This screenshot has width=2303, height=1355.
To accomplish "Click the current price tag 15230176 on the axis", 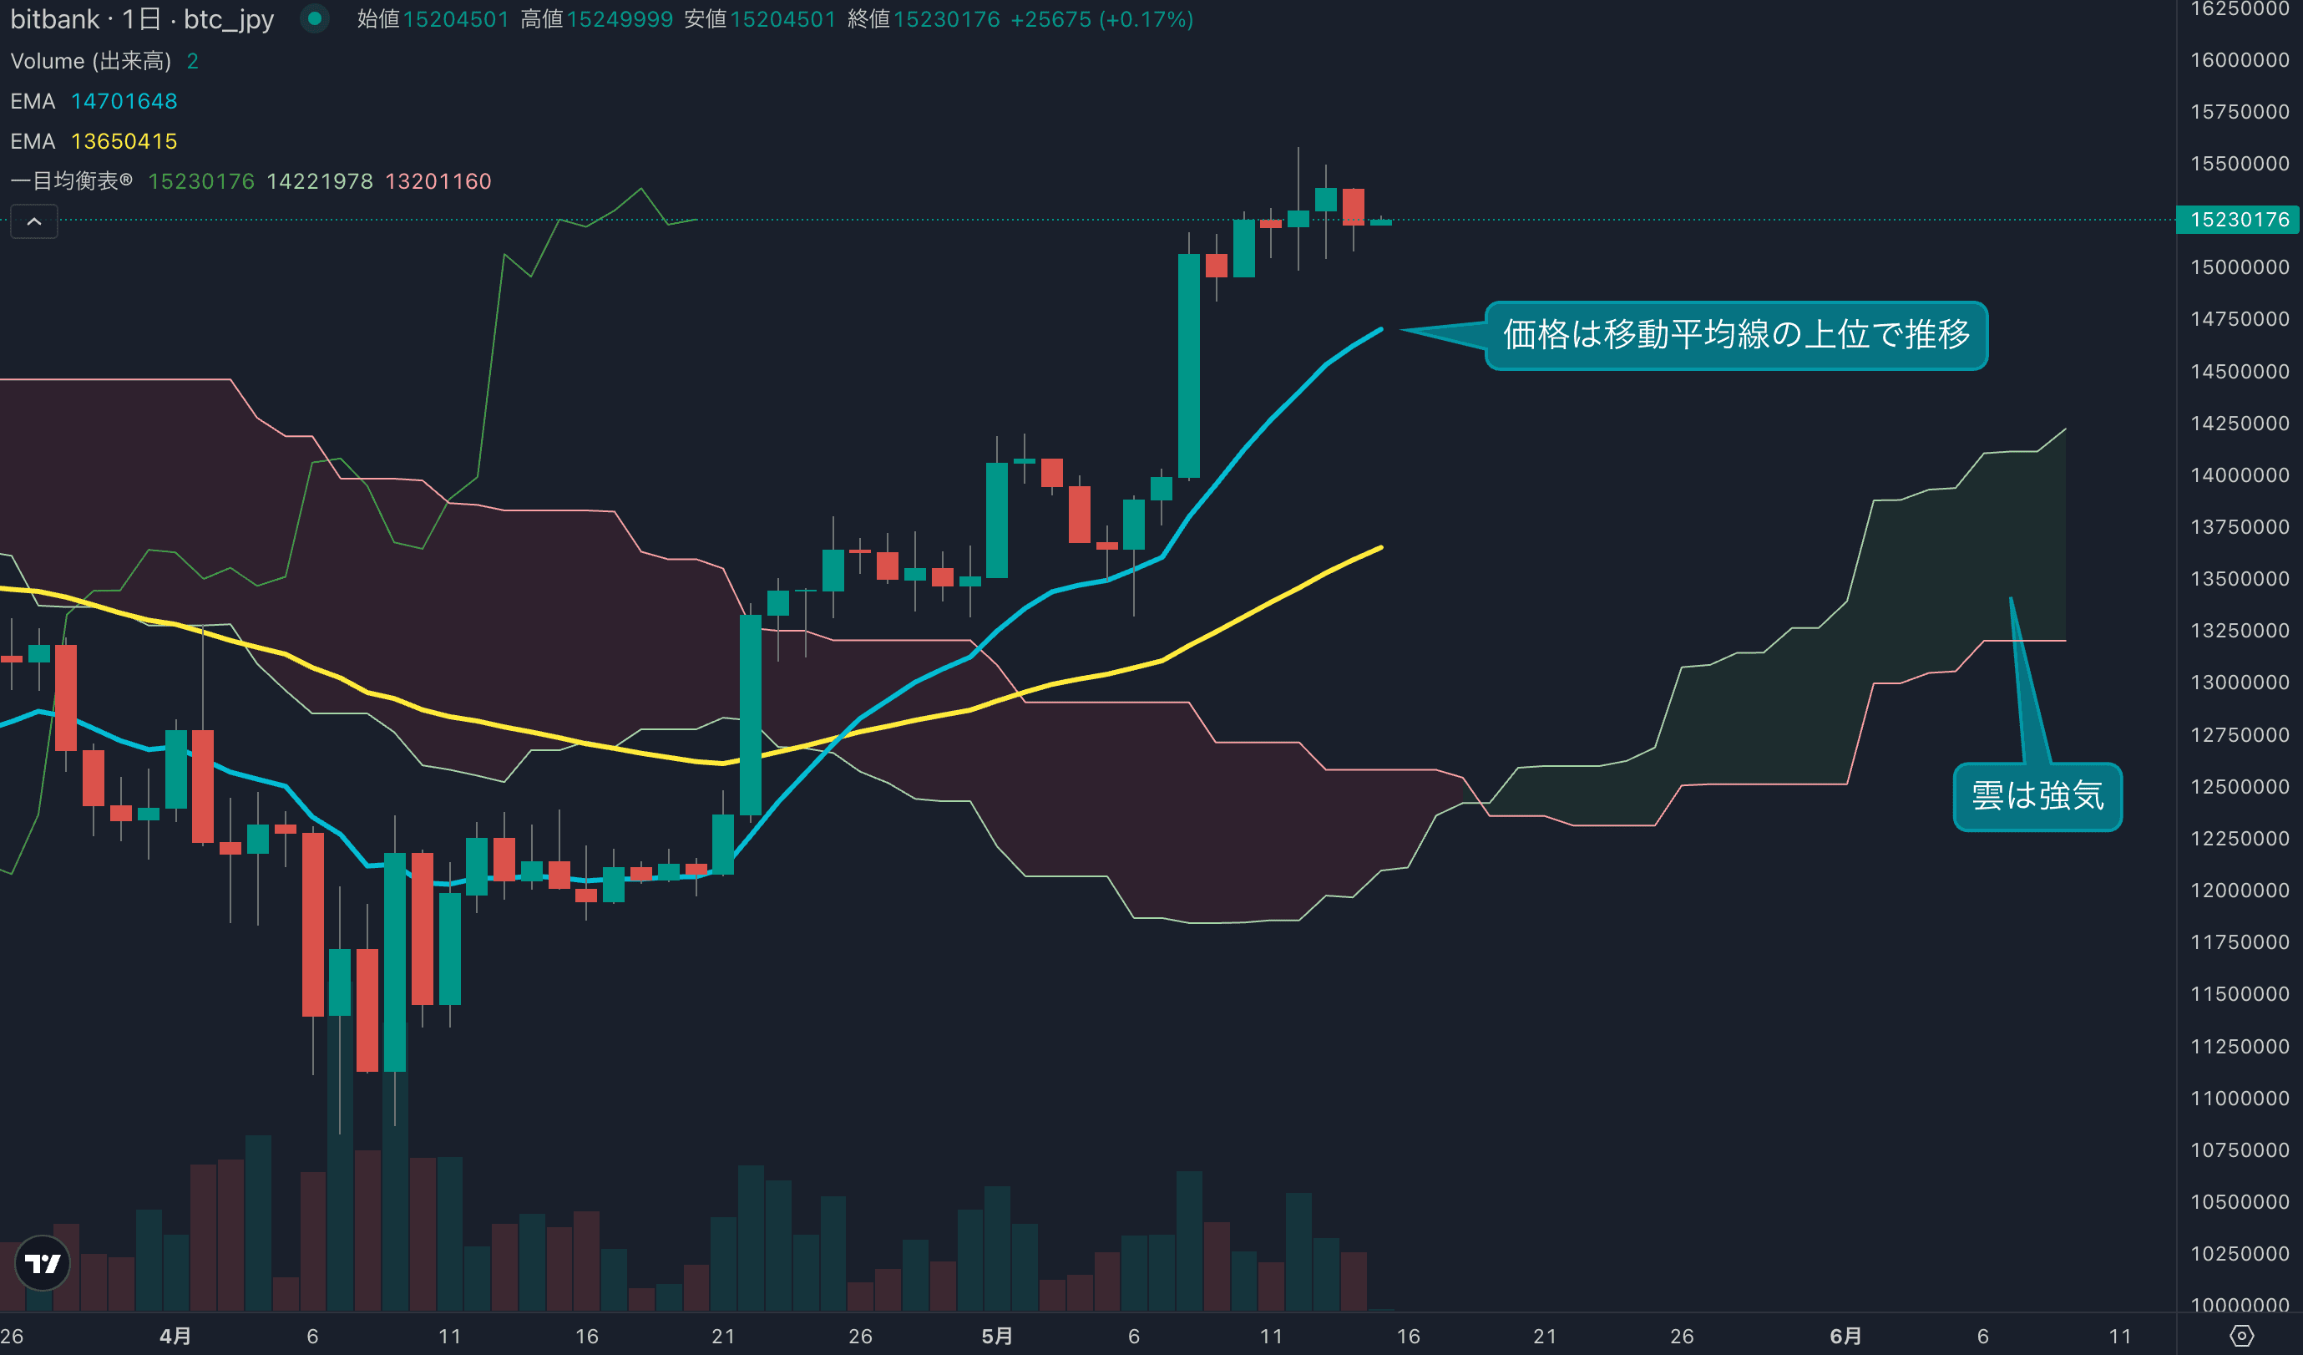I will point(2239,220).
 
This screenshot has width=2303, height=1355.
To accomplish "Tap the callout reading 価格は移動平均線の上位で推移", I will point(1735,335).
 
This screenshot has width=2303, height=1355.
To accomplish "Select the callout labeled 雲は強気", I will point(2037,795).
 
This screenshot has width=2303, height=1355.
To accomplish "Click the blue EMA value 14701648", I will point(124,101).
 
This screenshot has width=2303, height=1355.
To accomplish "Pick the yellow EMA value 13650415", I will point(124,142).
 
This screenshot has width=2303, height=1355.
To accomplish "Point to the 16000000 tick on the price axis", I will point(2239,60).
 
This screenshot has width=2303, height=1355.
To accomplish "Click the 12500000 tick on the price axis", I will point(2239,786).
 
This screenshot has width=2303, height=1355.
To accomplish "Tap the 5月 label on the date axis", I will point(997,1336).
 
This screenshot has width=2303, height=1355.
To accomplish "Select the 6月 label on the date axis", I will point(1845,1336).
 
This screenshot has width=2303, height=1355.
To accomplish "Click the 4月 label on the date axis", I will point(175,1336).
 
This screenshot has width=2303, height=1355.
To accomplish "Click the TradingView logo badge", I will point(43,1262).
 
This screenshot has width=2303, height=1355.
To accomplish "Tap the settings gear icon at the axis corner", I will point(2241,1336).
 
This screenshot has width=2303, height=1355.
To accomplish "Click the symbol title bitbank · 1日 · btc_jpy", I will point(142,19).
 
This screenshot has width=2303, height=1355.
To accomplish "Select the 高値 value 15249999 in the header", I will point(620,19).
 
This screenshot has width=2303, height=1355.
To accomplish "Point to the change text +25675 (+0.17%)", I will point(1101,19).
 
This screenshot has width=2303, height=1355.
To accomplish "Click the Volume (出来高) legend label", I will point(90,61).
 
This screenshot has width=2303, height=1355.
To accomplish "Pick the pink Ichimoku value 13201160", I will point(438,181).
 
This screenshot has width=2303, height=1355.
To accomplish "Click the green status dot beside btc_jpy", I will point(314,18).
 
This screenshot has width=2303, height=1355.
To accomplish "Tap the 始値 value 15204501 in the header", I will point(456,19).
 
